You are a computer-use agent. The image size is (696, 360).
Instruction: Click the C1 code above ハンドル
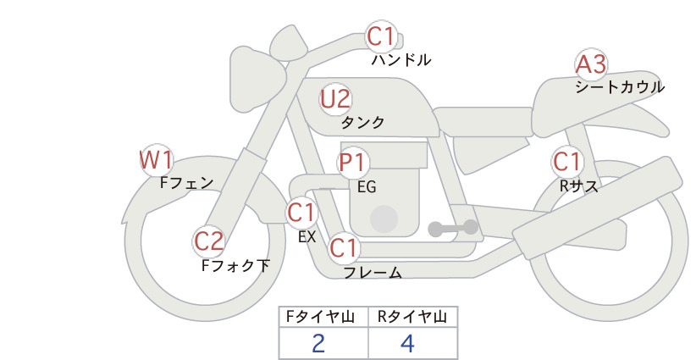pyautogui.click(x=381, y=36)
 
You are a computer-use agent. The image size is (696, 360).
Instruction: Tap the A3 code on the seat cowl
pyautogui.click(x=590, y=64)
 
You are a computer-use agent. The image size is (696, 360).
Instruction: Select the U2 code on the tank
pyautogui.click(x=335, y=99)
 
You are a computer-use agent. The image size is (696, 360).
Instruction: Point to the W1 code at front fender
pyautogui.click(x=156, y=160)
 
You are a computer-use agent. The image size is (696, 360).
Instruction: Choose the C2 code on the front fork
pyautogui.click(x=208, y=241)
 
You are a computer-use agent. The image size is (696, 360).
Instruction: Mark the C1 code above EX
pyautogui.click(x=301, y=212)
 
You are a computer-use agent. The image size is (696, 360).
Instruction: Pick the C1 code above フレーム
pyautogui.click(x=344, y=247)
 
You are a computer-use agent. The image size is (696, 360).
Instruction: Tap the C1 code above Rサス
pyautogui.click(x=566, y=162)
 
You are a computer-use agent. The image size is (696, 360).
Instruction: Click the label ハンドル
pyautogui.click(x=400, y=60)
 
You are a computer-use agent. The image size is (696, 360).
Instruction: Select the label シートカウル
pyautogui.click(x=620, y=86)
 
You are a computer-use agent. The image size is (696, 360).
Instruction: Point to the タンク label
pyautogui.click(x=362, y=122)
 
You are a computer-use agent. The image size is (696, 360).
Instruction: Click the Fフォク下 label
pyautogui.click(x=235, y=265)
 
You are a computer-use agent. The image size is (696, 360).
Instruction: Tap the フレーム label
pyautogui.click(x=373, y=272)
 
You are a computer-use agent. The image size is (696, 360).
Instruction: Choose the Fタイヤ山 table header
pyautogui.click(x=320, y=317)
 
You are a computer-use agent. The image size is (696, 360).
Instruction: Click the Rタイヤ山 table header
pyautogui.click(x=412, y=317)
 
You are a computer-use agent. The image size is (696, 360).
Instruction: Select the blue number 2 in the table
pyautogui.click(x=318, y=343)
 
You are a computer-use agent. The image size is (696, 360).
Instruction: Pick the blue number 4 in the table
pyautogui.click(x=407, y=343)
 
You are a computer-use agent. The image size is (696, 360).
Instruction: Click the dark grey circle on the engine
pyautogui.click(x=384, y=219)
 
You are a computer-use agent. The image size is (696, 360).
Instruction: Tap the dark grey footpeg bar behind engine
pyautogui.click(x=453, y=228)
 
